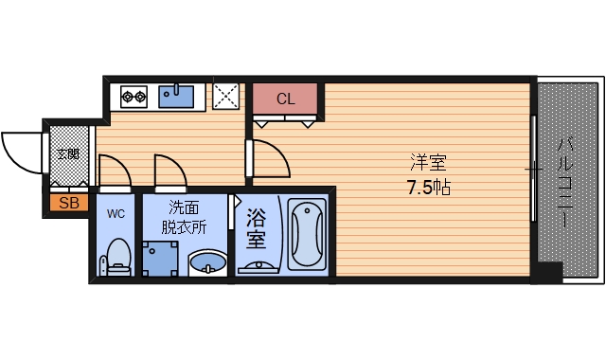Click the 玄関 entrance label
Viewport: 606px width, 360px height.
(x=67, y=153)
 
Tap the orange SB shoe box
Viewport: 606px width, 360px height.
(x=68, y=202)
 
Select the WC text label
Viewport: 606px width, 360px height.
(x=116, y=212)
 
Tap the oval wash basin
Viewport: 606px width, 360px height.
(x=207, y=261)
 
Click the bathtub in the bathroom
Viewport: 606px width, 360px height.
(x=306, y=234)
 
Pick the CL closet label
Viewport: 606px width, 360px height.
(x=285, y=99)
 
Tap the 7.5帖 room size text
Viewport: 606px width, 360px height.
(x=428, y=187)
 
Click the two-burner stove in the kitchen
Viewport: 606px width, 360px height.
(x=134, y=96)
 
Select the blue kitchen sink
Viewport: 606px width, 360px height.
(x=176, y=96)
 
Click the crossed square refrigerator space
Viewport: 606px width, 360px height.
(x=225, y=96)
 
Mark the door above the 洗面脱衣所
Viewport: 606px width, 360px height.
(x=170, y=171)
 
